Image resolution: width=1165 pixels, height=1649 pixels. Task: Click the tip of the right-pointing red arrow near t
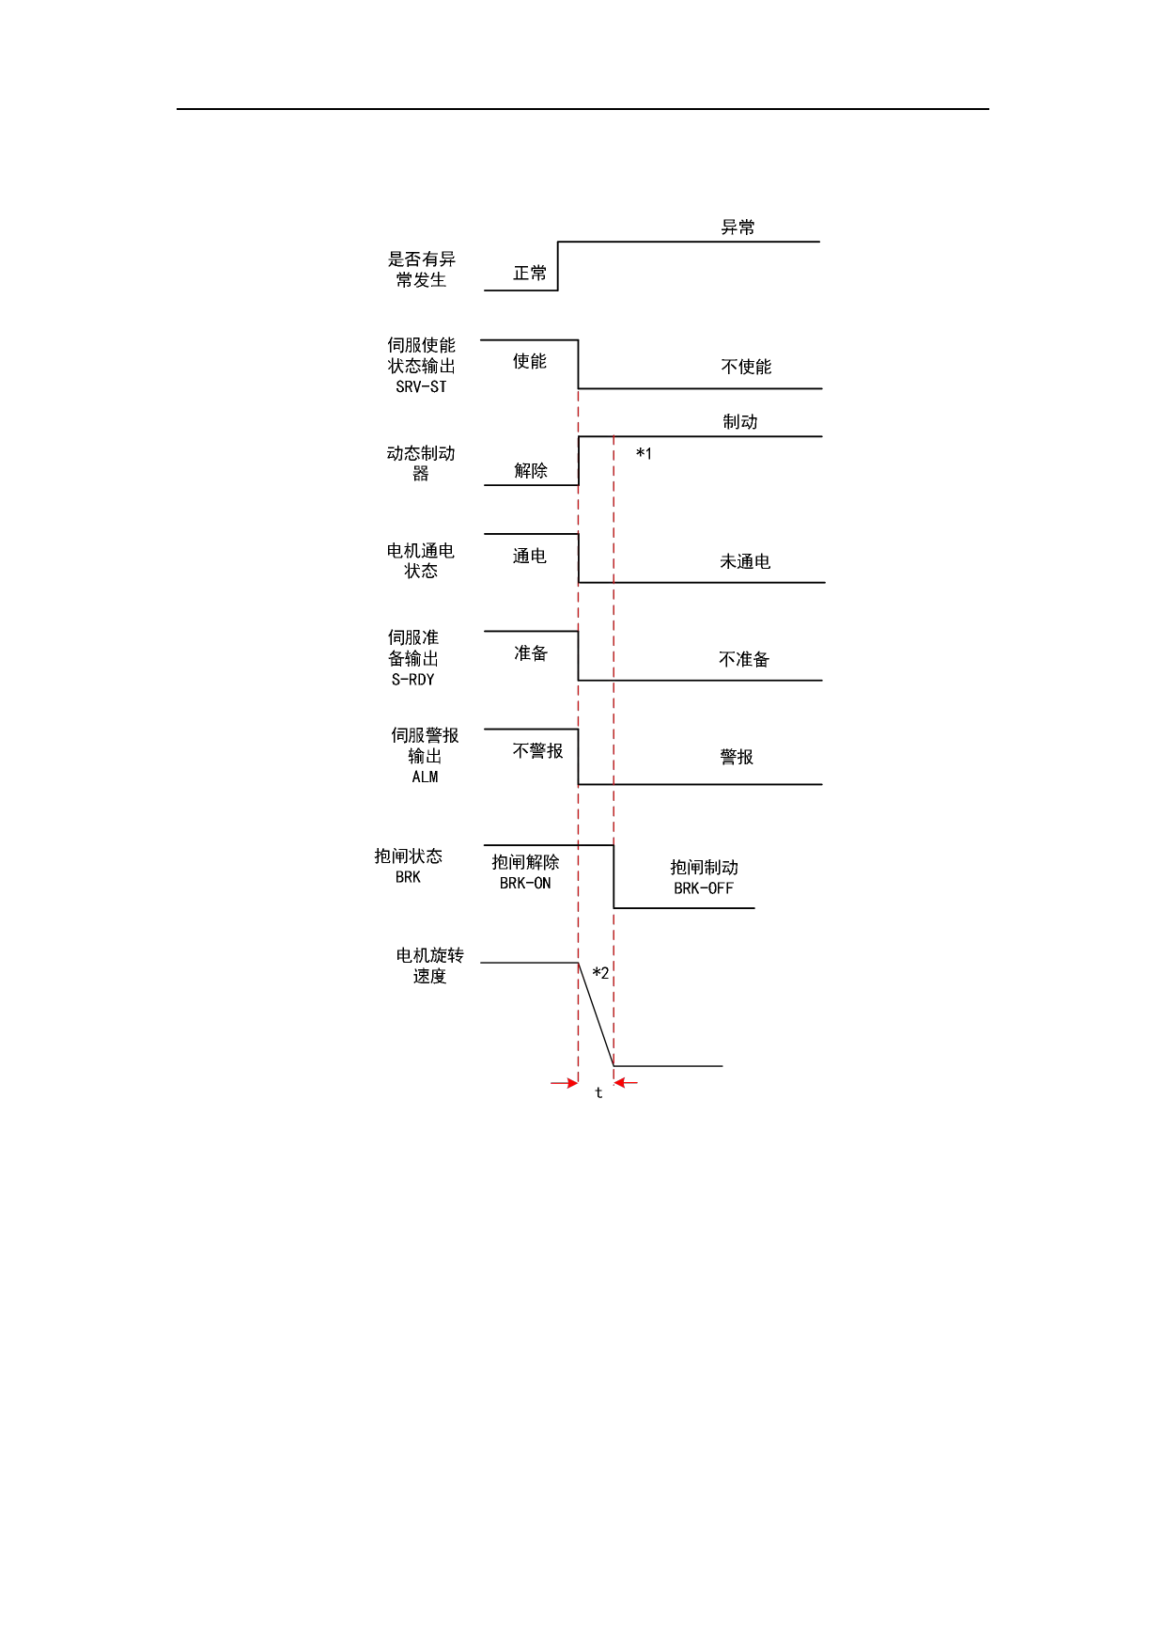(x=578, y=1083)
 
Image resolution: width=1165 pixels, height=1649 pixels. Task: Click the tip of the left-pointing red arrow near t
(x=614, y=1083)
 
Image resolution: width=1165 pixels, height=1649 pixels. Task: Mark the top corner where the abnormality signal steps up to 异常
(x=558, y=242)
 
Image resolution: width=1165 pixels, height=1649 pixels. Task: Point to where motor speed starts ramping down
(x=578, y=963)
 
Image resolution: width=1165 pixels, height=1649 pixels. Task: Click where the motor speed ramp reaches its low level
(x=614, y=1066)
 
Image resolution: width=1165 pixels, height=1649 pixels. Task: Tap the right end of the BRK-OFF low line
(x=754, y=908)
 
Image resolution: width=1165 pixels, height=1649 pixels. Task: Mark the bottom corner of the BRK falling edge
(x=614, y=908)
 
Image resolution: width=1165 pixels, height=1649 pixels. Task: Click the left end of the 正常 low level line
(x=485, y=291)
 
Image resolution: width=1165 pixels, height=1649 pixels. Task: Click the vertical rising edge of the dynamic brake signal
(x=579, y=461)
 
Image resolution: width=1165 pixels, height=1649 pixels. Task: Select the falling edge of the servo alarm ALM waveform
(x=578, y=757)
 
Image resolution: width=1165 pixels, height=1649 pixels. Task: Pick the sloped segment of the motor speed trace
(x=596, y=1014)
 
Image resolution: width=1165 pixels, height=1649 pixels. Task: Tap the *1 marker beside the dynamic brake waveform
(x=644, y=454)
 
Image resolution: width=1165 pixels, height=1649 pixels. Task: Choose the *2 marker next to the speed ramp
(x=600, y=973)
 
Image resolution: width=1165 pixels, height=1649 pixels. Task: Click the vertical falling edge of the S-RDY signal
(x=578, y=656)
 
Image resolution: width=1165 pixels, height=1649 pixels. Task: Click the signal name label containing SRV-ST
(x=422, y=366)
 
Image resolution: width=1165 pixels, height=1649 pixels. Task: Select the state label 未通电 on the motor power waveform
(x=745, y=561)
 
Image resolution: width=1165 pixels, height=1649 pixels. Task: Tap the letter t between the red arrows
(x=598, y=1092)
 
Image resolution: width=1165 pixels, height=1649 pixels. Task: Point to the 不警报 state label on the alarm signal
(x=537, y=750)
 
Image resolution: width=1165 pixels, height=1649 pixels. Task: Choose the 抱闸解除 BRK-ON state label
(x=525, y=872)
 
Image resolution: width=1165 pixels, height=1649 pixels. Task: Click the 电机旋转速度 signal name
(x=429, y=966)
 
